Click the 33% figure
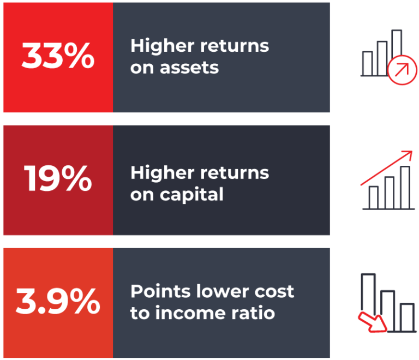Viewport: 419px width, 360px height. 58,56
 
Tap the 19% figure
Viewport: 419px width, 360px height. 58,178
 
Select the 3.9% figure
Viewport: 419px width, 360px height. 58,301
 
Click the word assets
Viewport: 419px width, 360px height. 189,68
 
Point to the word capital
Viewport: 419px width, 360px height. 191,195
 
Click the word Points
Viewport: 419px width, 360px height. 160,291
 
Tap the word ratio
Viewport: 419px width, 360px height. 253,313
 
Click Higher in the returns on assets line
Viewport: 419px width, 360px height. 162,46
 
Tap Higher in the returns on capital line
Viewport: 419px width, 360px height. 162,173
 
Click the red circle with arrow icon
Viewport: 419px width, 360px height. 402,70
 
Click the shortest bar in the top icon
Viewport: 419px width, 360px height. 367,64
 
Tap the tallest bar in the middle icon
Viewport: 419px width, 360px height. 405,188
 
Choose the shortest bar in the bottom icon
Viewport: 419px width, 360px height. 407,317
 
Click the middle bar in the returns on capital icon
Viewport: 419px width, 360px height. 390,193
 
